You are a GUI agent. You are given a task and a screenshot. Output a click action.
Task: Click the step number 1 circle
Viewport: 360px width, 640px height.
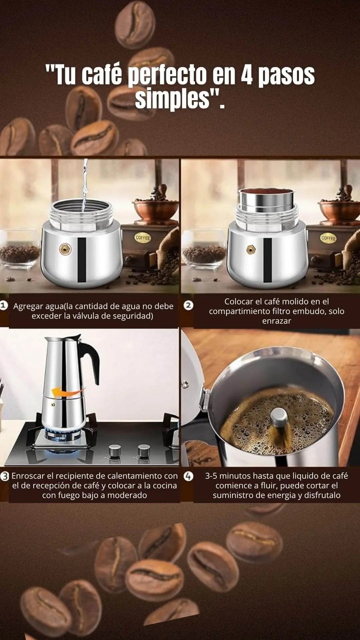(4, 305)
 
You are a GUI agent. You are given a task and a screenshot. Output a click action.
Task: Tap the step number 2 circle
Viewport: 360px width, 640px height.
(189, 305)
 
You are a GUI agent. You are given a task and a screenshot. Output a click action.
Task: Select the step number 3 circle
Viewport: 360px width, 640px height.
(4, 476)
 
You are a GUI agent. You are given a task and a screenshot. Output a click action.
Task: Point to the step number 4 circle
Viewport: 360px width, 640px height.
(189, 476)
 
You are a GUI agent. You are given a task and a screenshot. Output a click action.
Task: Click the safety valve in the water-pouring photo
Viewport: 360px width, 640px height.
(65, 249)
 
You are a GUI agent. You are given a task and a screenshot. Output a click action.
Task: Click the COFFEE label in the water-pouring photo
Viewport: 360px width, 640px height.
(143, 238)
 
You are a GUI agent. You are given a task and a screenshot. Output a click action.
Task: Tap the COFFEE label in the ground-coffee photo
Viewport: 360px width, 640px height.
(328, 238)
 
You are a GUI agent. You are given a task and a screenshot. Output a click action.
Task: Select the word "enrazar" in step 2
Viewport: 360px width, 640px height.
(277, 321)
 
